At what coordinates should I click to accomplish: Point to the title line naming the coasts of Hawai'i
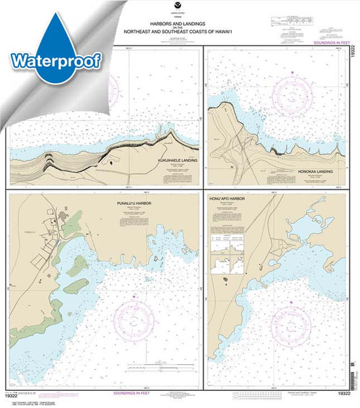click(179, 33)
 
